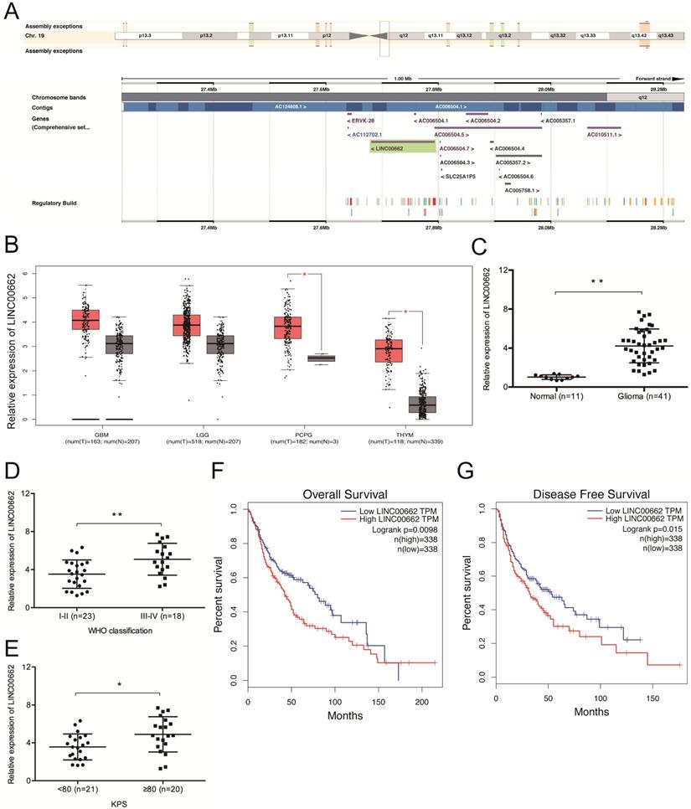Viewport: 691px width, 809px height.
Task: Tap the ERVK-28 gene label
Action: [x=361, y=121]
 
